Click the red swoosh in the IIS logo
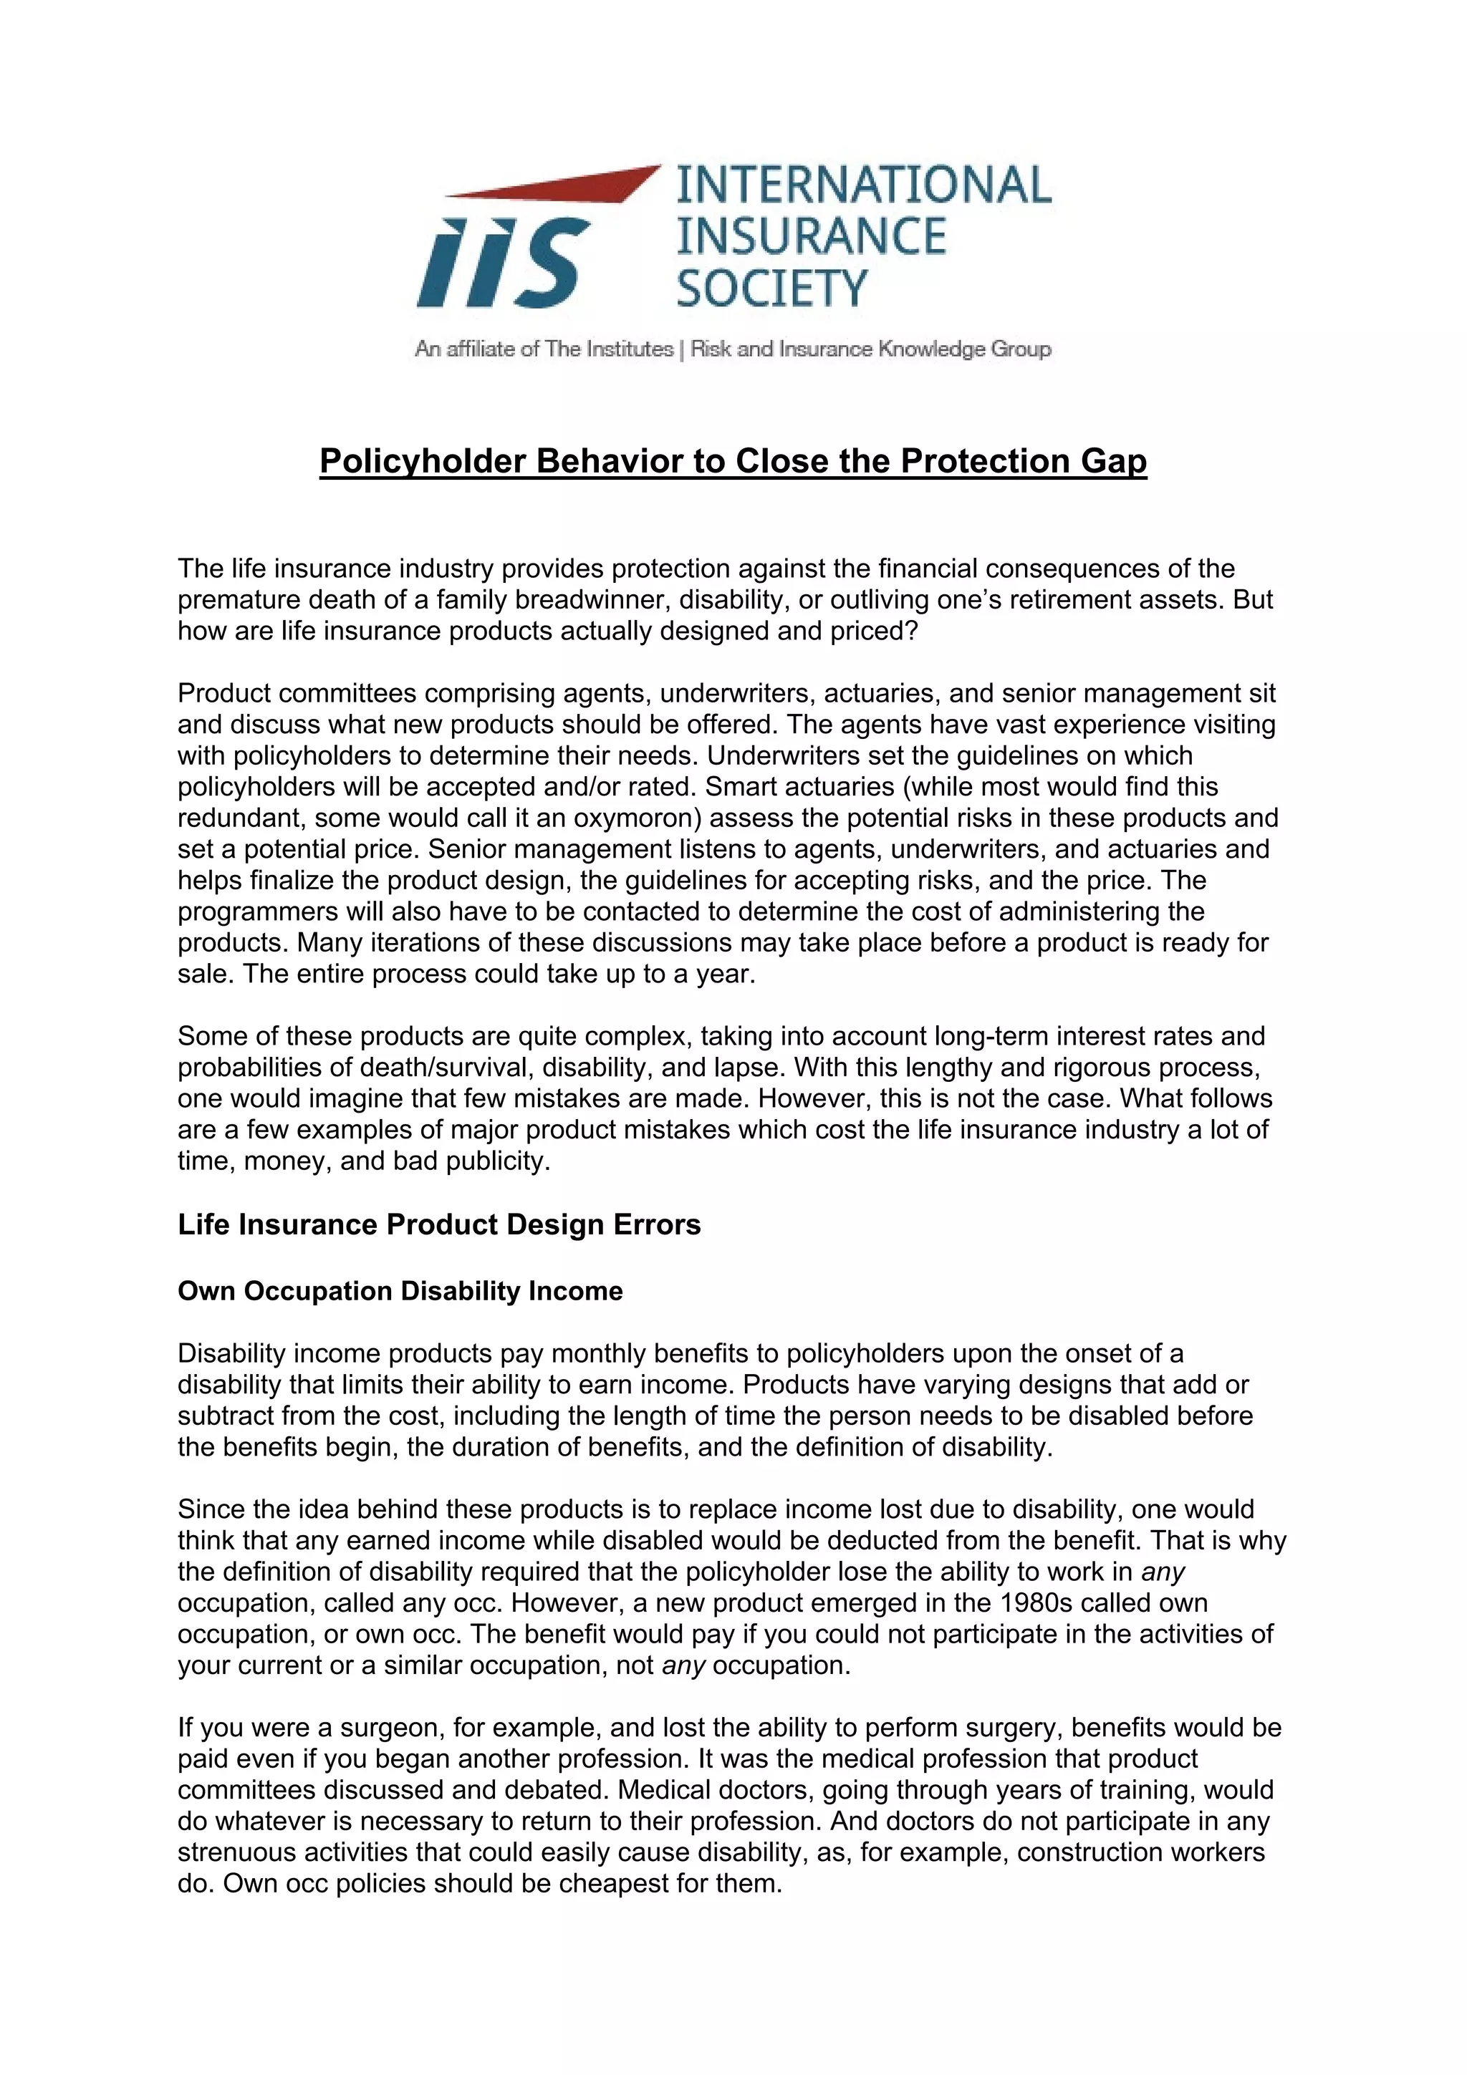(579, 183)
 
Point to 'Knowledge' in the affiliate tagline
(932, 349)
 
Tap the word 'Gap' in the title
(1114, 461)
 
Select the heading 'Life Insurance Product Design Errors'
(439, 1224)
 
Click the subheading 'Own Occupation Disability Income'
(400, 1290)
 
